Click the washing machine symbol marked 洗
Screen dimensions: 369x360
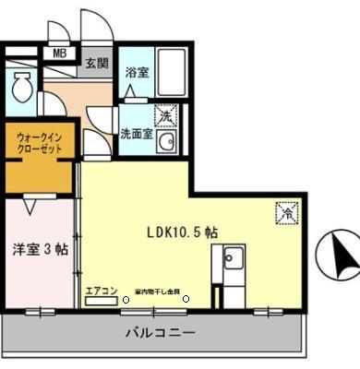(165, 117)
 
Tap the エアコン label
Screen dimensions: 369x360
(102, 291)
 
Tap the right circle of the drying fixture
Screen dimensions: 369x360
(186, 298)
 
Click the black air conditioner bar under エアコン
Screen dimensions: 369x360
(101, 302)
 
